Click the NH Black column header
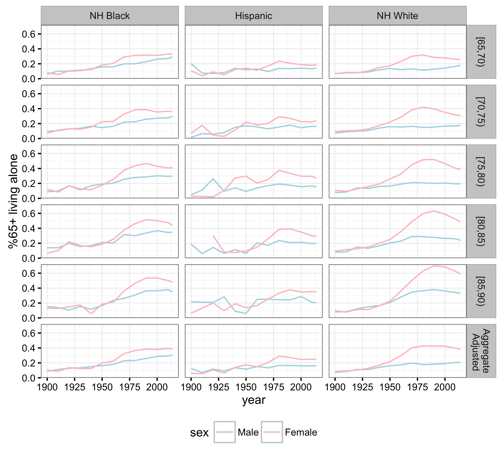110,16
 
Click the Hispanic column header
253,16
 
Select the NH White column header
397,16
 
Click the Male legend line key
224,432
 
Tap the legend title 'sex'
199,433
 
